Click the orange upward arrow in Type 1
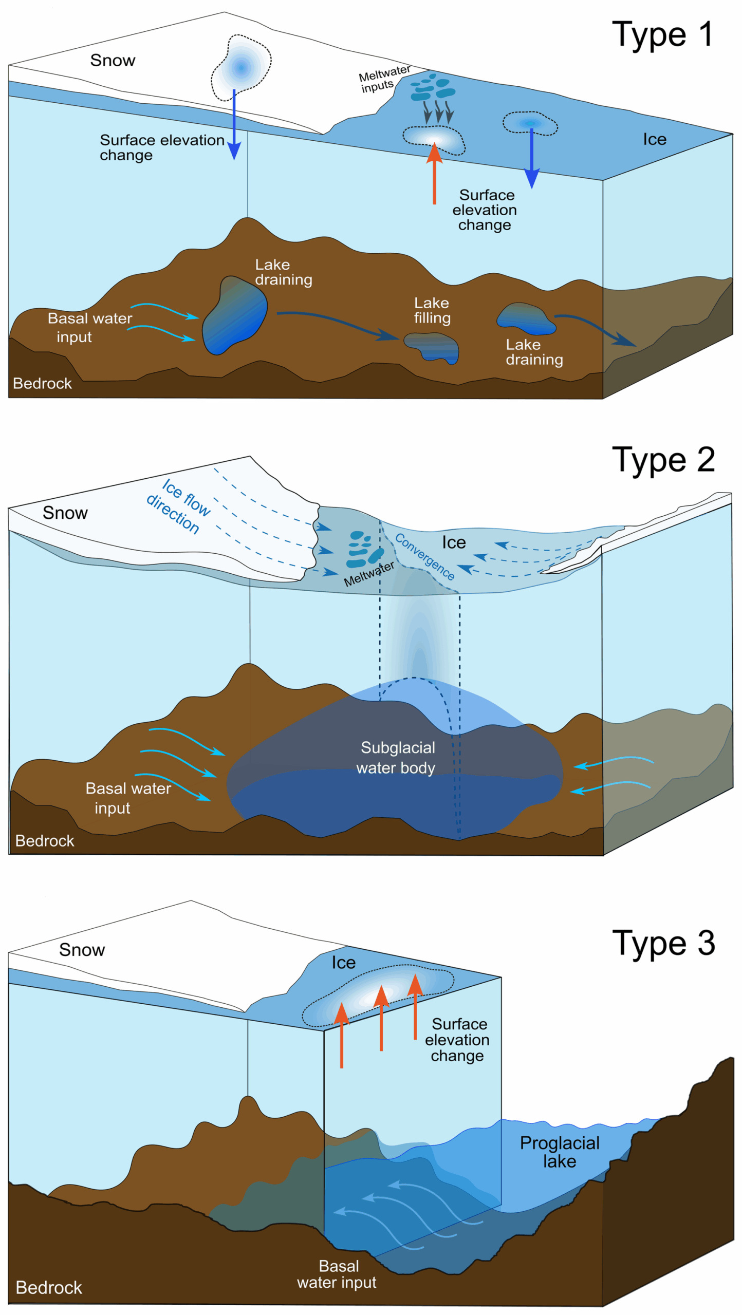pos(434,175)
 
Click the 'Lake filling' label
pos(432,310)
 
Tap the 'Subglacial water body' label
pos(397,757)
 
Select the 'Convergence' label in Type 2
pos(424,556)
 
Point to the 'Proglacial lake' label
pos(559,1151)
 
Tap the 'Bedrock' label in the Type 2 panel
pos(45,840)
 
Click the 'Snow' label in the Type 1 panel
pos(113,60)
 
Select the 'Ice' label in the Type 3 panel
pos(343,962)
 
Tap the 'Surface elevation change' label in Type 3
pos(457,1039)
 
